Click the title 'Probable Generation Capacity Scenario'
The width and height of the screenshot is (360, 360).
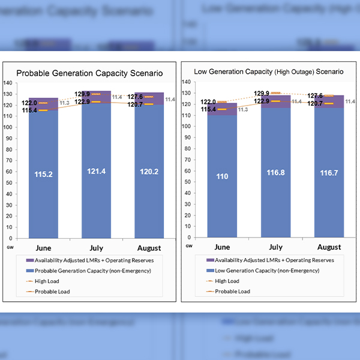[x=89, y=73]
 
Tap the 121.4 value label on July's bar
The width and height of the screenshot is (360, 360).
[x=96, y=172]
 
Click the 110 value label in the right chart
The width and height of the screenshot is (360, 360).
[x=222, y=176]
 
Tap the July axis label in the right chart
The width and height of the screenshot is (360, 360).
[x=276, y=247]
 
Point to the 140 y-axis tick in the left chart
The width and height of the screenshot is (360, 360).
[x=8, y=83]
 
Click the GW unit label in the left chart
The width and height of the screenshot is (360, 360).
[x=9, y=246]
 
